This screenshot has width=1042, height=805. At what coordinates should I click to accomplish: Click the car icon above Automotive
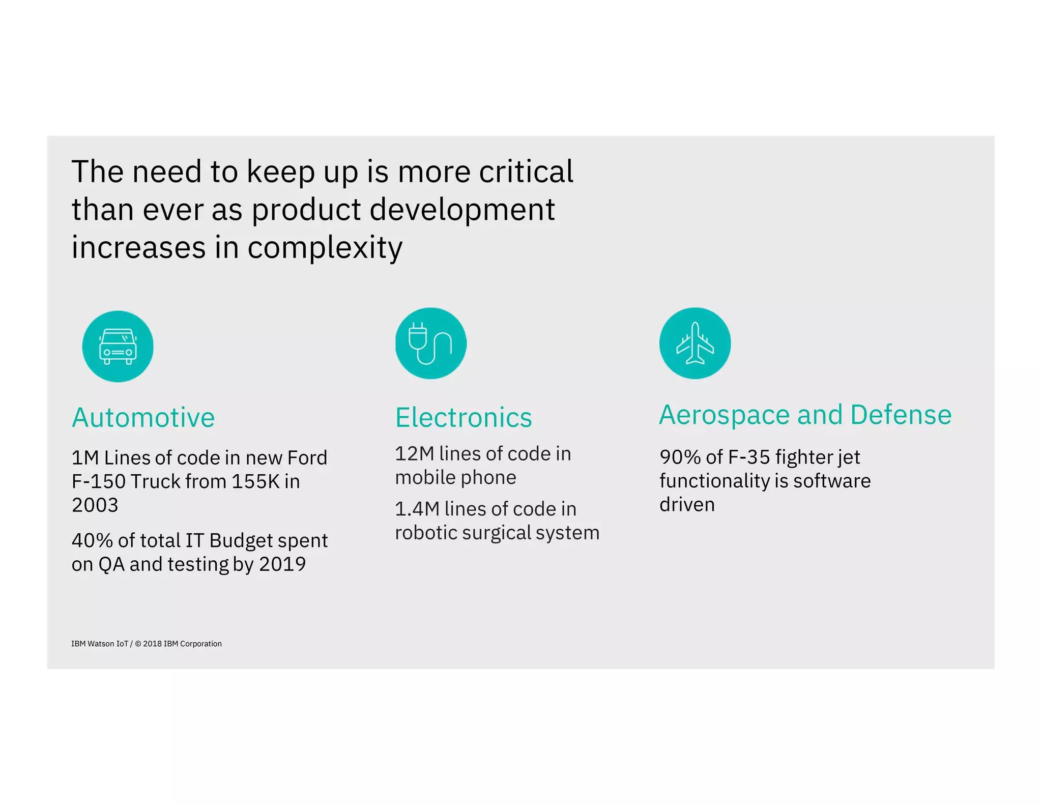118,347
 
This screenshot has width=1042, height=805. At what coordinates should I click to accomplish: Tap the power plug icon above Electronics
430,343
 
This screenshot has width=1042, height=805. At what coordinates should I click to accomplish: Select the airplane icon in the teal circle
695,343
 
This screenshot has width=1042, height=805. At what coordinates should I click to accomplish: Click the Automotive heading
143,418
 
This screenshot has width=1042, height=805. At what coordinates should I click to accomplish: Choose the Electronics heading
464,418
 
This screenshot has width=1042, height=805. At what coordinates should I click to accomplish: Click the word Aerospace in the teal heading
726,415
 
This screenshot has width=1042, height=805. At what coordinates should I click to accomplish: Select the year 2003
95,505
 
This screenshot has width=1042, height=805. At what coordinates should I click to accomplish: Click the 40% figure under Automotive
92,540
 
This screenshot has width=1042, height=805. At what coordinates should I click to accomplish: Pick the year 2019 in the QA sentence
282,564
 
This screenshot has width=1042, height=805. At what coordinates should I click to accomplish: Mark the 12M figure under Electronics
414,454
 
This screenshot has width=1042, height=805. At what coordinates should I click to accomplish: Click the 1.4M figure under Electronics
417,509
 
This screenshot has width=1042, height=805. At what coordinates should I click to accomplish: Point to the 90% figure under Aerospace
680,457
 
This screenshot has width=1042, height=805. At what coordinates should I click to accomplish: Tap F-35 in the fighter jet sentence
749,457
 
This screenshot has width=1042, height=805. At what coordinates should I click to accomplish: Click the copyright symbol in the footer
138,644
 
